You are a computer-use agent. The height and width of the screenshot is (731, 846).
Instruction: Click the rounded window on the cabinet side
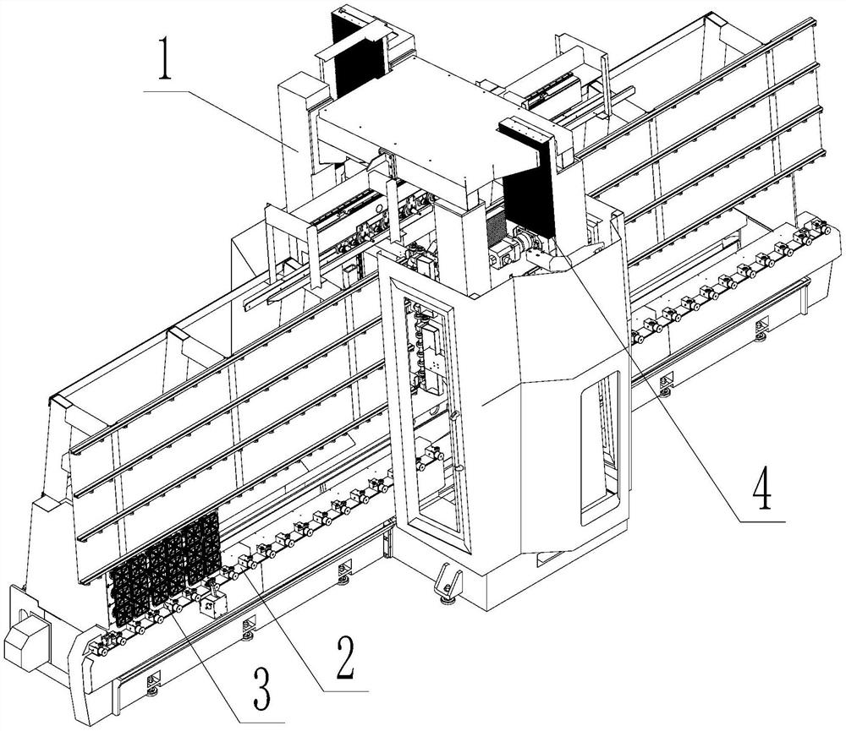pos(601,444)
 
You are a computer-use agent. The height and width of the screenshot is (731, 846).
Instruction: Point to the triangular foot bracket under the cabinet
pos(447,583)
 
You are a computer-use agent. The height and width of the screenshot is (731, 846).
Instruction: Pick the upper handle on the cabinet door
pos(454,416)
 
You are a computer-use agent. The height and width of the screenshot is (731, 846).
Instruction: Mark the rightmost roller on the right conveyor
pos(819,228)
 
